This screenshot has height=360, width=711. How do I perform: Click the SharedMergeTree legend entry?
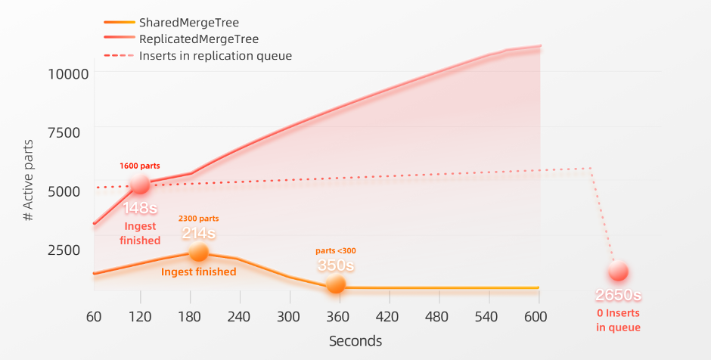tap(188, 23)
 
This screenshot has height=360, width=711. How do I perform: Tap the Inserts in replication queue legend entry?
tap(215, 55)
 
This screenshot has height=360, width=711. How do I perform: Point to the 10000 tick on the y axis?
tap(68, 73)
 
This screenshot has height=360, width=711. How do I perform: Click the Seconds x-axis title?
tap(355, 341)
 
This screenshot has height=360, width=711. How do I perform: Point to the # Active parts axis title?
tap(28, 179)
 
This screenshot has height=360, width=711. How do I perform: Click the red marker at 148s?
tap(140, 184)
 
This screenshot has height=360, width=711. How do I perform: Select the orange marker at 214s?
tap(198, 252)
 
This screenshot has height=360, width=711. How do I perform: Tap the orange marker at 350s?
tap(336, 284)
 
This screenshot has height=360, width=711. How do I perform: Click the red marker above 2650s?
tap(618, 272)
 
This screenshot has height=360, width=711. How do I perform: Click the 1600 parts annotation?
tap(139, 166)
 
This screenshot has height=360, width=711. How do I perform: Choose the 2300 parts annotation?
tap(198, 219)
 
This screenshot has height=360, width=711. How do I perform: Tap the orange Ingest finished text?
tap(198, 272)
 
